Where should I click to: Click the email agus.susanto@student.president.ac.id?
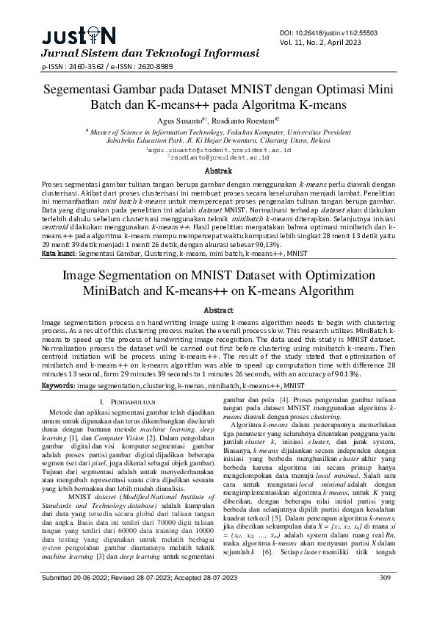(x=218, y=150)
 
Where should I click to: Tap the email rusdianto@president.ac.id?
(x=218, y=157)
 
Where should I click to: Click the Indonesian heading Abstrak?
(x=218, y=170)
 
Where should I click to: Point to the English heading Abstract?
(x=218, y=310)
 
